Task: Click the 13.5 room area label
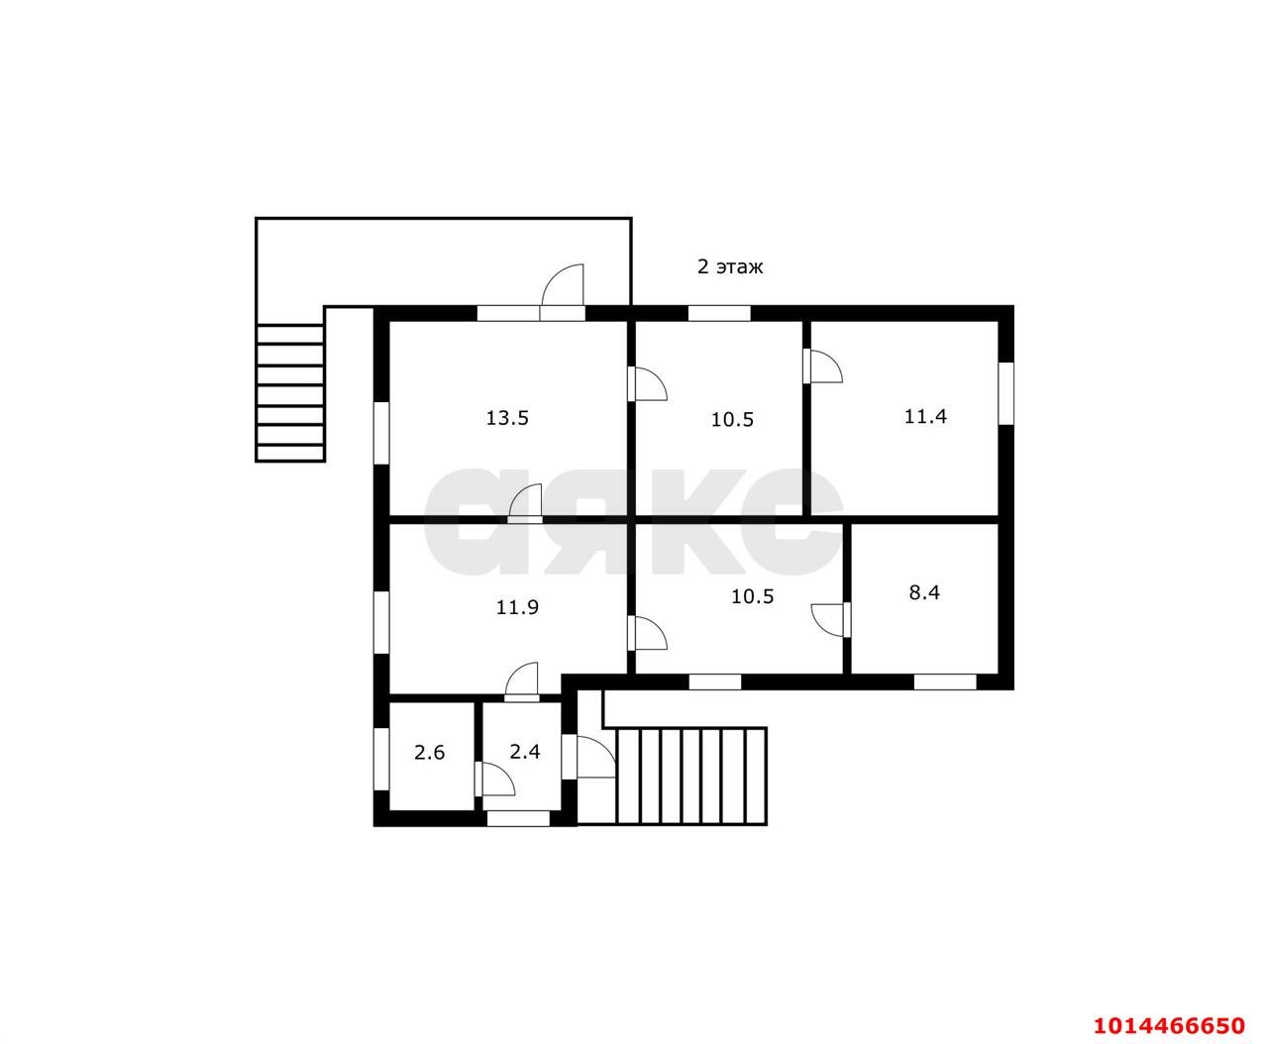(x=507, y=418)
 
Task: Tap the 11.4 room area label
(x=925, y=417)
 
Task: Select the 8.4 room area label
(x=924, y=593)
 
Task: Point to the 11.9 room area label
(x=517, y=607)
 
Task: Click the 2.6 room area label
(x=429, y=753)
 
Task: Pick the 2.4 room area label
(x=524, y=752)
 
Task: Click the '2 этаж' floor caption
(x=730, y=266)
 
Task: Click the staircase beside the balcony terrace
(x=290, y=393)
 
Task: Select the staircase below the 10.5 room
(x=691, y=776)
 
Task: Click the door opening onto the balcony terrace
(x=563, y=292)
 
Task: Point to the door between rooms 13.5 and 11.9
(x=526, y=504)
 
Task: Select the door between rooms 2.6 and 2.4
(x=494, y=779)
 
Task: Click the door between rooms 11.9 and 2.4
(x=522, y=682)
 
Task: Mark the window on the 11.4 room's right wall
(x=1005, y=393)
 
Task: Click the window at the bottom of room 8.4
(x=944, y=681)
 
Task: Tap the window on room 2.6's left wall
(x=380, y=759)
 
